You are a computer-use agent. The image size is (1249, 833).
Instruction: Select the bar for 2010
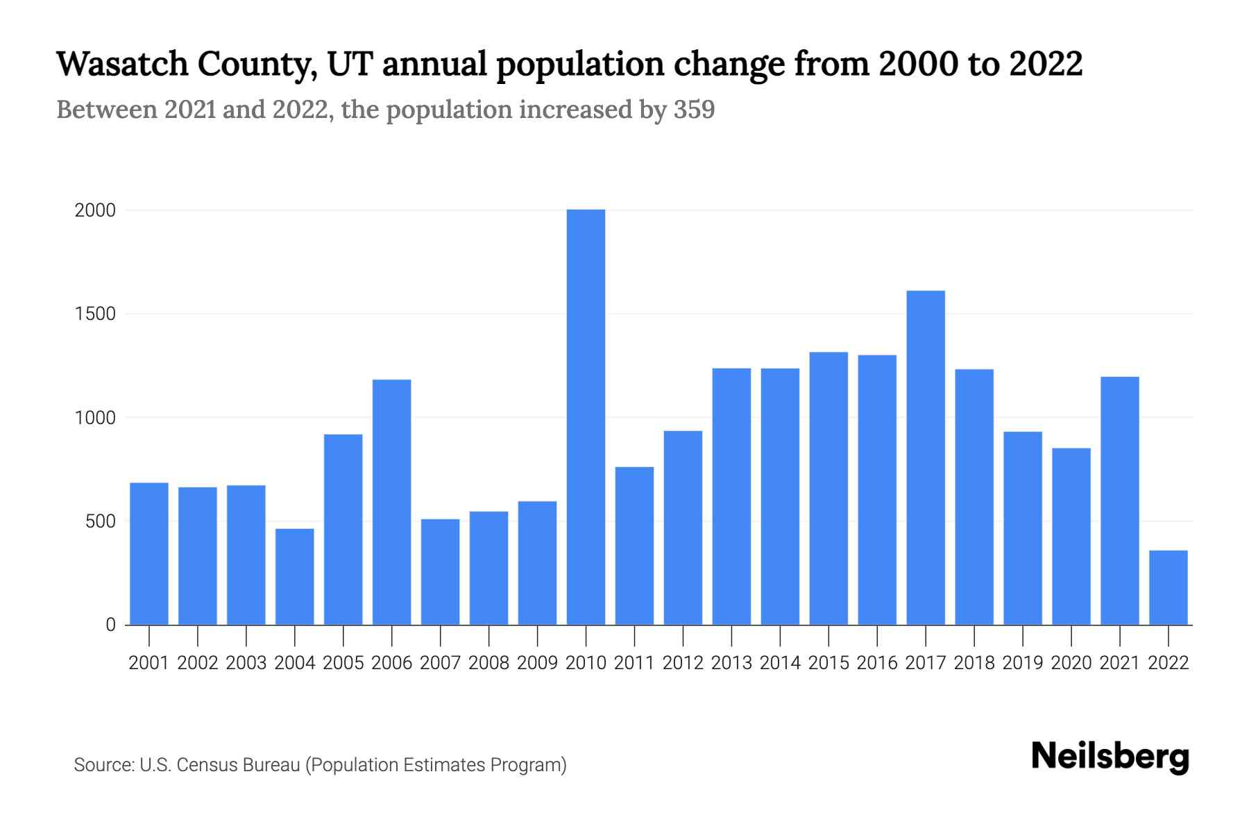[x=586, y=416]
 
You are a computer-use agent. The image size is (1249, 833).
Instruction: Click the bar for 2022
[x=1169, y=587]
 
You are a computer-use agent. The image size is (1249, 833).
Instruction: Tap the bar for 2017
[x=926, y=457]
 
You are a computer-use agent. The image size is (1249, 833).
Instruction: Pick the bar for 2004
[x=294, y=576]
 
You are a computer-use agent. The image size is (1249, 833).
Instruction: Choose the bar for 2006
[x=391, y=502]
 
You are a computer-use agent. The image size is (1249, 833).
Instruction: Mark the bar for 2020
[x=1071, y=536]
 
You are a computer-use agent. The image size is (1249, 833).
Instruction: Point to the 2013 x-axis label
[x=731, y=663]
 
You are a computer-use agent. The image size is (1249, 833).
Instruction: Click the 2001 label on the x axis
[x=149, y=663]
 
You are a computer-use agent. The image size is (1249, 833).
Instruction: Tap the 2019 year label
[x=1023, y=663]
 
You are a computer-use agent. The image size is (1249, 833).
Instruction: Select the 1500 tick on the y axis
[x=95, y=314]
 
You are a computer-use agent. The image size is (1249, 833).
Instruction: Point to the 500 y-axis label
[x=101, y=521]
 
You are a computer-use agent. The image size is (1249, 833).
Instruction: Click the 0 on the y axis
[x=110, y=625]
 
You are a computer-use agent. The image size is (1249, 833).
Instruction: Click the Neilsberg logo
[x=1110, y=757]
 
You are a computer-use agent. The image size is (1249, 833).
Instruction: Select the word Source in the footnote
[x=103, y=765]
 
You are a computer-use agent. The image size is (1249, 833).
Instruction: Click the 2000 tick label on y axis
[x=95, y=210]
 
